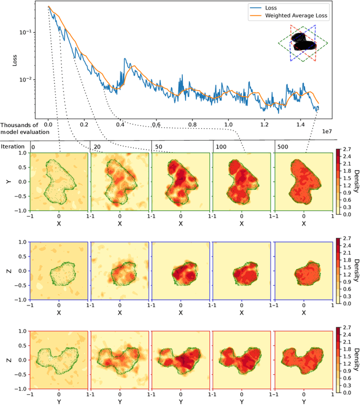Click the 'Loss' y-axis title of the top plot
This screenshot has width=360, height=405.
tap(15, 59)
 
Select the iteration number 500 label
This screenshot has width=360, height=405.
tap(281, 146)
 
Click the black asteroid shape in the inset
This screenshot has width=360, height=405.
tap(302, 44)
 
